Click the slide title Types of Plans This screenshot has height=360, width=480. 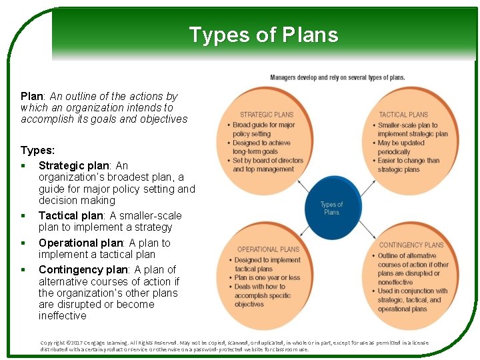tap(263, 35)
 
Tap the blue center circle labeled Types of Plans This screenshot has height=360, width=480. tap(331, 208)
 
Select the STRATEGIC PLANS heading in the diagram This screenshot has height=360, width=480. tap(267, 115)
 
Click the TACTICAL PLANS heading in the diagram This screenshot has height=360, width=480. tap(403, 115)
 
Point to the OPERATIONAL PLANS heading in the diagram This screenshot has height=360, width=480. tap(268, 249)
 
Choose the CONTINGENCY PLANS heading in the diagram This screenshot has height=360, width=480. tap(411, 245)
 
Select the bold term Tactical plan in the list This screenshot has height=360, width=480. tap(71, 215)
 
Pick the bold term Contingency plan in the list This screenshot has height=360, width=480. tap(83, 269)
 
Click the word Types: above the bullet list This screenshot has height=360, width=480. tap(37, 151)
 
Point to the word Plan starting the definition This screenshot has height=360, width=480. tap(31, 96)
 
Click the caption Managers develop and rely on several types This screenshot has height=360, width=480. tap(337, 78)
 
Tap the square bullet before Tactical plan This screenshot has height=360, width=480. tap(23, 216)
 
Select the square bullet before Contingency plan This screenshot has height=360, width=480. tap(23, 270)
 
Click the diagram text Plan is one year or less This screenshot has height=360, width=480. tap(267, 278)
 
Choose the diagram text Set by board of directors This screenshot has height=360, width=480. tap(267, 161)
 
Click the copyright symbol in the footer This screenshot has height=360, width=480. tap(70, 343)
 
